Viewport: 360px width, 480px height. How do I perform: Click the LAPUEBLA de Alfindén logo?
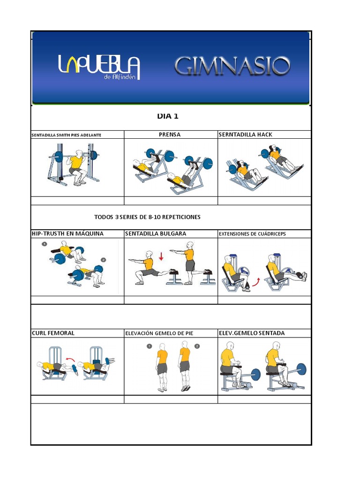click(x=99, y=67)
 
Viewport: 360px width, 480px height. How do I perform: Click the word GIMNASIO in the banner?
click(x=232, y=67)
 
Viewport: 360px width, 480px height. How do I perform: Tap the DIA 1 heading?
click(x=167, y=116)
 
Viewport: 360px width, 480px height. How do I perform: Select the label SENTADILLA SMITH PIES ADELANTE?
click(x=66, y=135)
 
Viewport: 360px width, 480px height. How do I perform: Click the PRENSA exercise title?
click(x=170, y=135)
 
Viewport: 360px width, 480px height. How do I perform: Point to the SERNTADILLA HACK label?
click(x=246, y=135)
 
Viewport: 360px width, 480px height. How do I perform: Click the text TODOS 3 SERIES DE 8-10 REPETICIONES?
click(x=147, y=217)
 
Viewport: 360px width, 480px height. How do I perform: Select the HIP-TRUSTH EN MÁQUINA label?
click(x=67, y=233)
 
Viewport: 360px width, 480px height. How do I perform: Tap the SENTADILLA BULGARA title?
click(x=156, y=233)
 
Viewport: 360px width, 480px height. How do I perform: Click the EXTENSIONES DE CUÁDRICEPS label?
click(x=252, y=234)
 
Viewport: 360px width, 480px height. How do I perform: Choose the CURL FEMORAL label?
click(x=53, y=333)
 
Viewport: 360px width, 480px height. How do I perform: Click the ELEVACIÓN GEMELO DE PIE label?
click(x=159, y=333)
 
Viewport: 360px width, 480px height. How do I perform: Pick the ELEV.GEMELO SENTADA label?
click(x=252, y=333)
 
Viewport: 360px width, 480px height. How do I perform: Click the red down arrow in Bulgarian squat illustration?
click(x=160, y=256)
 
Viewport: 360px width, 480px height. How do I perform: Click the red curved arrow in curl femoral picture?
click(x=70, y=360)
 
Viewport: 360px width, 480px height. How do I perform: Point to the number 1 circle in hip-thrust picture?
click(x=44, y=244)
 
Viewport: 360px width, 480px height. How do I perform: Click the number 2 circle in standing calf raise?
click(x=197, y=346)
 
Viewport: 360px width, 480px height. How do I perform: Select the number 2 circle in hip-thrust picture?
click(x=104, y=260)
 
